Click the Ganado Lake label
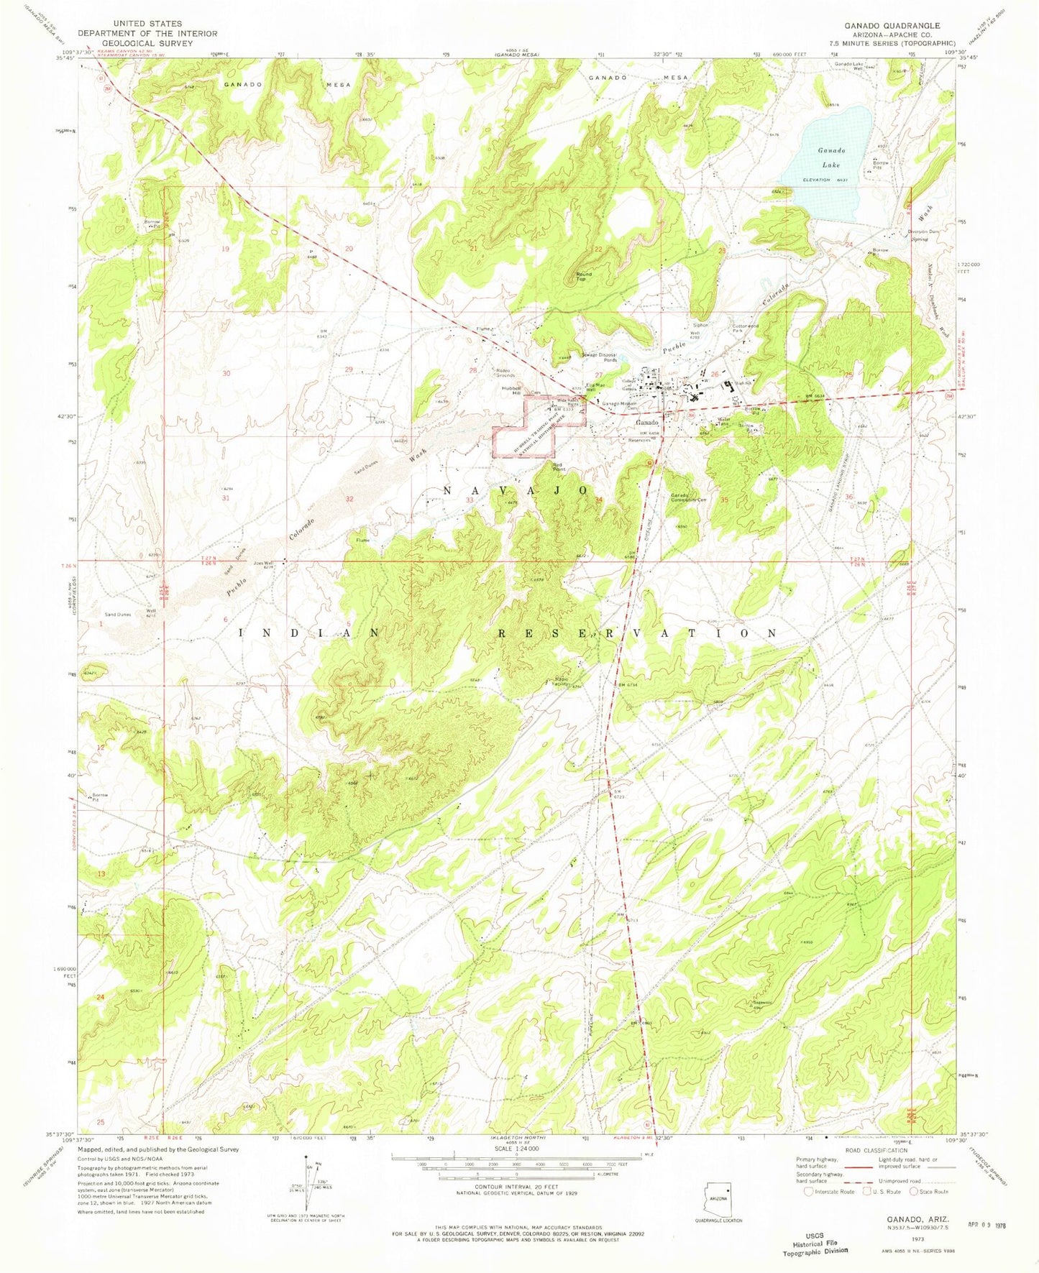[x=830, y=157]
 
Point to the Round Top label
[x=583, y=276]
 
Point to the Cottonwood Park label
[x=745, y=328]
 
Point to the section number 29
[x=349, y=369]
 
